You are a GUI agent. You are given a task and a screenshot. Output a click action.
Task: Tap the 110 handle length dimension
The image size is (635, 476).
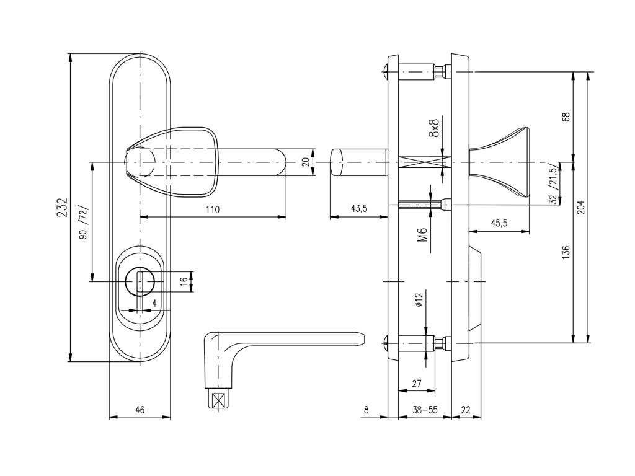pyautogui.click(x=212, y=209)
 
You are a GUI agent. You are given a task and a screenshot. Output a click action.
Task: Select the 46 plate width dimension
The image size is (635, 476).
pyautogui.click(x=140, y=409)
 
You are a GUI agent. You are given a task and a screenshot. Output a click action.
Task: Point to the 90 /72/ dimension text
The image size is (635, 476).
pyautogui.click(x=83, y=224)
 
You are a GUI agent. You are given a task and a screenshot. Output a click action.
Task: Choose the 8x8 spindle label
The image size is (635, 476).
pyautogui.click(x=433, y=128)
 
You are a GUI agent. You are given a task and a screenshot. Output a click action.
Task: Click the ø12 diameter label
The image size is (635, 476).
pyautogui.click(x=419, y=301)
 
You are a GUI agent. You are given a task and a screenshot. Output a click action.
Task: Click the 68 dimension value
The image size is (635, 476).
pyautogui.click(x=566, y=117)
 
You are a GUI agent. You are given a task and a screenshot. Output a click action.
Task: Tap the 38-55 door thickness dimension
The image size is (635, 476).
pyautogui.click(x=424, y=409)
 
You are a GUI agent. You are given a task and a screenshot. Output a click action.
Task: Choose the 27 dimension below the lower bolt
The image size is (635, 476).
pyautogui.click(x=416, y=384)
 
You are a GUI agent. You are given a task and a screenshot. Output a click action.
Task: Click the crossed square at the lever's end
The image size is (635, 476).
pyautogui.click(x=216, y=401)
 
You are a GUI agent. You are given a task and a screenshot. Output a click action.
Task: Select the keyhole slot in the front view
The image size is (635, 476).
pyautogui.click(x=140, y=284)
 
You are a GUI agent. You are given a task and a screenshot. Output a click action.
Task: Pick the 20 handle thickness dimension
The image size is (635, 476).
pyautogui.click(x=304, y=162)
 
